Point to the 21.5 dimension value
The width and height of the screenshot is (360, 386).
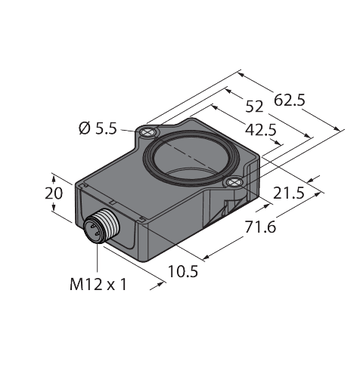(288, 193)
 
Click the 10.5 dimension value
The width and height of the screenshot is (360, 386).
(183, 271)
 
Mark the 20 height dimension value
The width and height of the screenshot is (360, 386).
(53, 193)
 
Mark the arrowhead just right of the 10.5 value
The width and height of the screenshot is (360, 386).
(162, 285)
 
